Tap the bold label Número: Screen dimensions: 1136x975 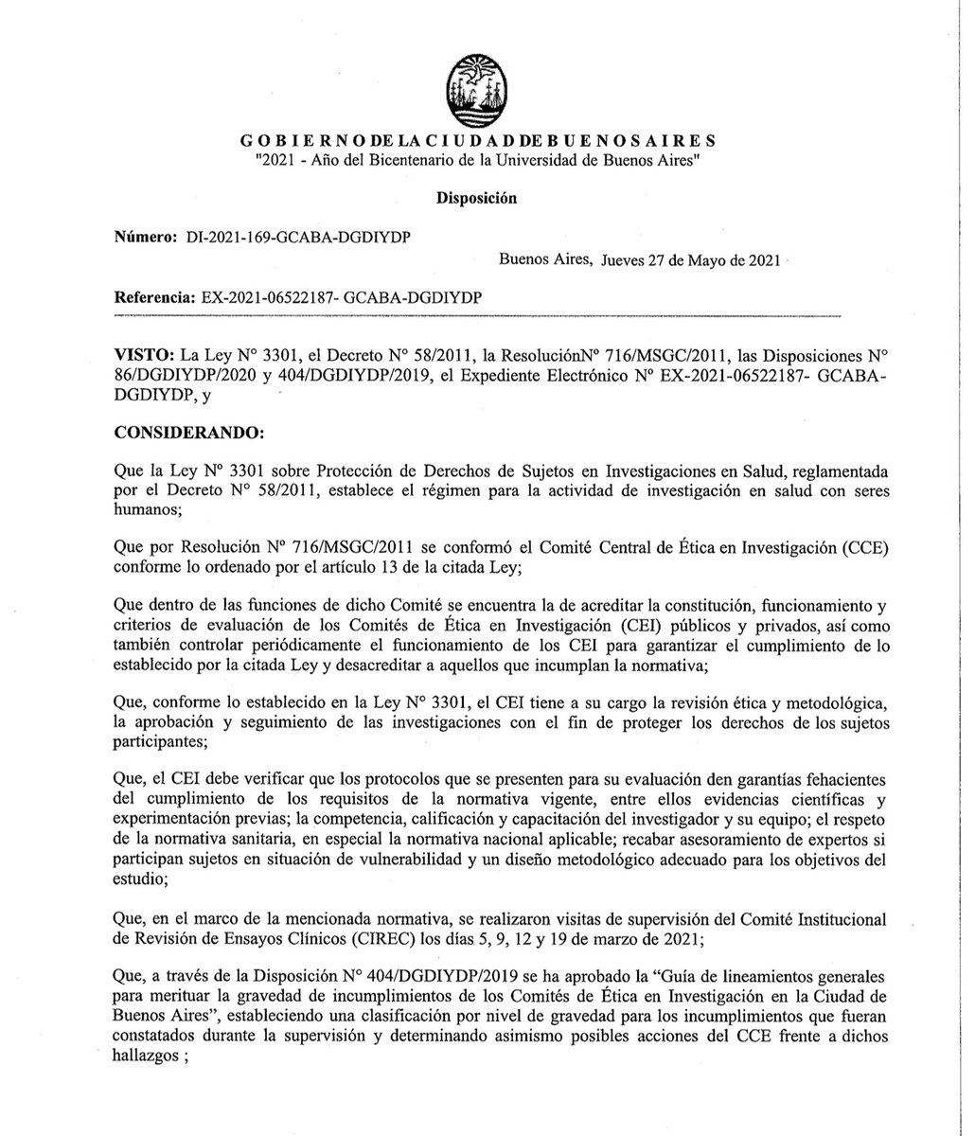click(145, 236)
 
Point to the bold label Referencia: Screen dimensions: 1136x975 click(154, 297)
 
